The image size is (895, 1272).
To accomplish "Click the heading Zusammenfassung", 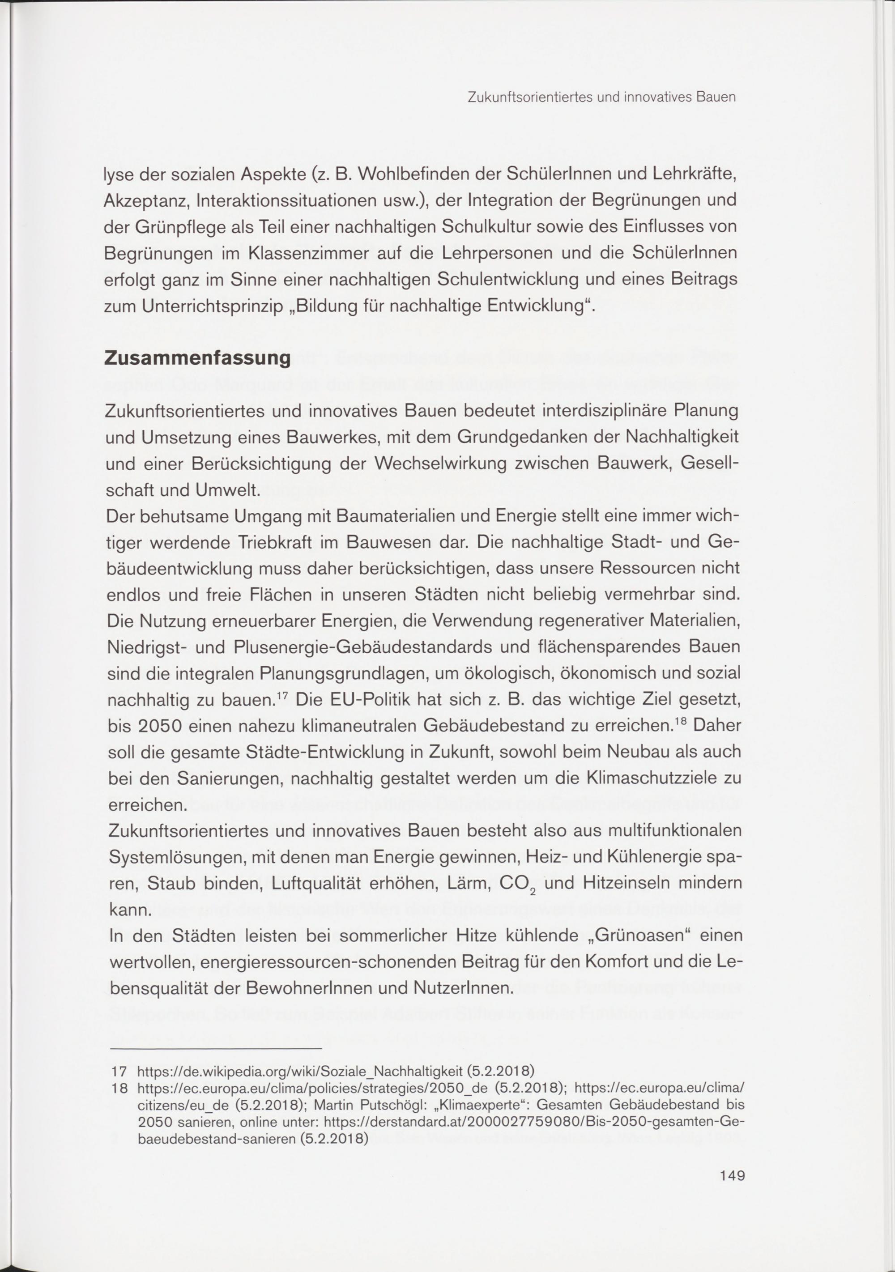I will tap(197, 358).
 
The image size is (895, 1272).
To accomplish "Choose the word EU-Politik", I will tap(353, 700).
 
